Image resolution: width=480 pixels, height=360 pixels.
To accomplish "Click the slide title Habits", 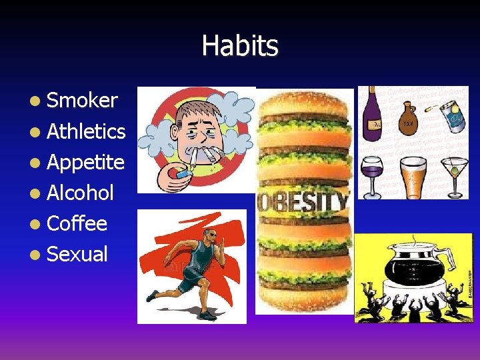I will click(240, 46).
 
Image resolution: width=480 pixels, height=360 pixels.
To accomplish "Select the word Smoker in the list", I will click(82, 101).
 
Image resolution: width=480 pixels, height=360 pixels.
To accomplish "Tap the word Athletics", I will click(86, 131).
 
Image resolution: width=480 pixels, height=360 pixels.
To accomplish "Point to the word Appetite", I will click(85, 162).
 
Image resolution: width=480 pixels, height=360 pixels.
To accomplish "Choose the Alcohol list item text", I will click(80, 193).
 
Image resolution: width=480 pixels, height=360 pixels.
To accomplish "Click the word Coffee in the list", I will click(77, 223).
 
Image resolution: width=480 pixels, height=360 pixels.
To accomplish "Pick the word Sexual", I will click(77, 254).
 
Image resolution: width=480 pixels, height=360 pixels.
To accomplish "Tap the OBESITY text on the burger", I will click(304, 201).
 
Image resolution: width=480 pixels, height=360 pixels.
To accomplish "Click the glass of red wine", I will click(371, 172).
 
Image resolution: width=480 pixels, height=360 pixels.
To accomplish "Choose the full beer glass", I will click(413, 175).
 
